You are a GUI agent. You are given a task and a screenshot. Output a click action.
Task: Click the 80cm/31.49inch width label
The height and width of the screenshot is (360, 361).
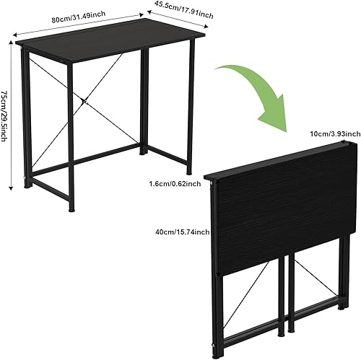click(79, 17)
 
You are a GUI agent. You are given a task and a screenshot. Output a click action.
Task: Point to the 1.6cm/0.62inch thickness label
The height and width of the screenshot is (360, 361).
click(175, 184)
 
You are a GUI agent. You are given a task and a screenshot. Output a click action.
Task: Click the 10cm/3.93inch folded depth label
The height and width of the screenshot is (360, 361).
click(335, 133)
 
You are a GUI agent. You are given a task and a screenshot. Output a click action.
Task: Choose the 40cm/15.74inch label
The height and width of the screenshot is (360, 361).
click(183, 232)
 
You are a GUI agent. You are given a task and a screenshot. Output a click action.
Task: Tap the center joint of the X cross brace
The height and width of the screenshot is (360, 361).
click(84, 101)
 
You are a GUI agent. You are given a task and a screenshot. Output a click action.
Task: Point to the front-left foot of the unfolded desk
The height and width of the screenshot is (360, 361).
click(71, 210)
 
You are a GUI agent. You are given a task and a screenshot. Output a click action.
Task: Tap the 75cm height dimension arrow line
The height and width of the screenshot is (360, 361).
click(10, 115)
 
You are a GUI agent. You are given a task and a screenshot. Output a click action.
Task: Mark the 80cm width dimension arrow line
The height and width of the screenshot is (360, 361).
click(78, 25)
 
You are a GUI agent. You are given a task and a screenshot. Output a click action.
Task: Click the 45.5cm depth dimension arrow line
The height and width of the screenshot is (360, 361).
click(178, 19)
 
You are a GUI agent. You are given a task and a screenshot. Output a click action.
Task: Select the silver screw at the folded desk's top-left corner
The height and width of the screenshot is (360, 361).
click(212, 183)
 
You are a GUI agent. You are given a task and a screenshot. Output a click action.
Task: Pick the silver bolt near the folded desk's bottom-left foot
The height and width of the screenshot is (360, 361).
click(214, 346)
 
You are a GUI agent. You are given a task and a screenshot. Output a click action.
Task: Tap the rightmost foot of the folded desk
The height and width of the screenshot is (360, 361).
click(342, 307)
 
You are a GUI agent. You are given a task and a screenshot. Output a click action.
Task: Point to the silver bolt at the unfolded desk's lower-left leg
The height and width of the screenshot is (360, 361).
click(25, 178)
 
